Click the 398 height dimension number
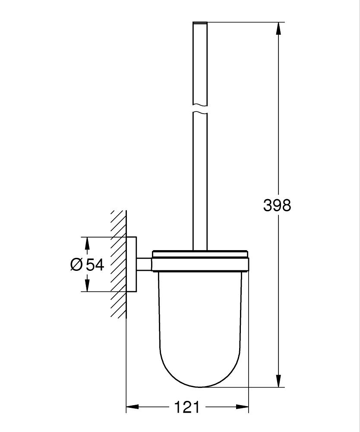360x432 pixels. point(277,205)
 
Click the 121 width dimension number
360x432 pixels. point(187,407)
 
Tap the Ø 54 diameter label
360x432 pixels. point(87,264)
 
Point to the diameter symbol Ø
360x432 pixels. point(76,264)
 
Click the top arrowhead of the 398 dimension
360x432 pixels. point(279,28)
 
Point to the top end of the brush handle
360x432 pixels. point(200,22)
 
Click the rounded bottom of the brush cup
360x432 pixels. point(200,376)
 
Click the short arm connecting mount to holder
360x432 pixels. point(144,264)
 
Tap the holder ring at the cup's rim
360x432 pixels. point(200,264)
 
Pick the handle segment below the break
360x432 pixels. point(200,181)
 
